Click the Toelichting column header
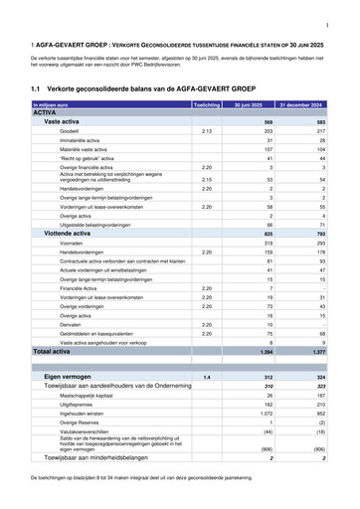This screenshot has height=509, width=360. (206, 103)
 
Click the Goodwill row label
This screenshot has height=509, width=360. (71, 130)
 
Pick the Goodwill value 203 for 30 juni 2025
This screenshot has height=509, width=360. (267, 130)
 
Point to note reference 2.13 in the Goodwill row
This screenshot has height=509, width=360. (207, 130)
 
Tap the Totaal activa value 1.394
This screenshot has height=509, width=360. (264, 351)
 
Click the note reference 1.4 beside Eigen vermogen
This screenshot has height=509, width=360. (207, 378)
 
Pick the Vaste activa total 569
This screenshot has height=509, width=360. (266, 121)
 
